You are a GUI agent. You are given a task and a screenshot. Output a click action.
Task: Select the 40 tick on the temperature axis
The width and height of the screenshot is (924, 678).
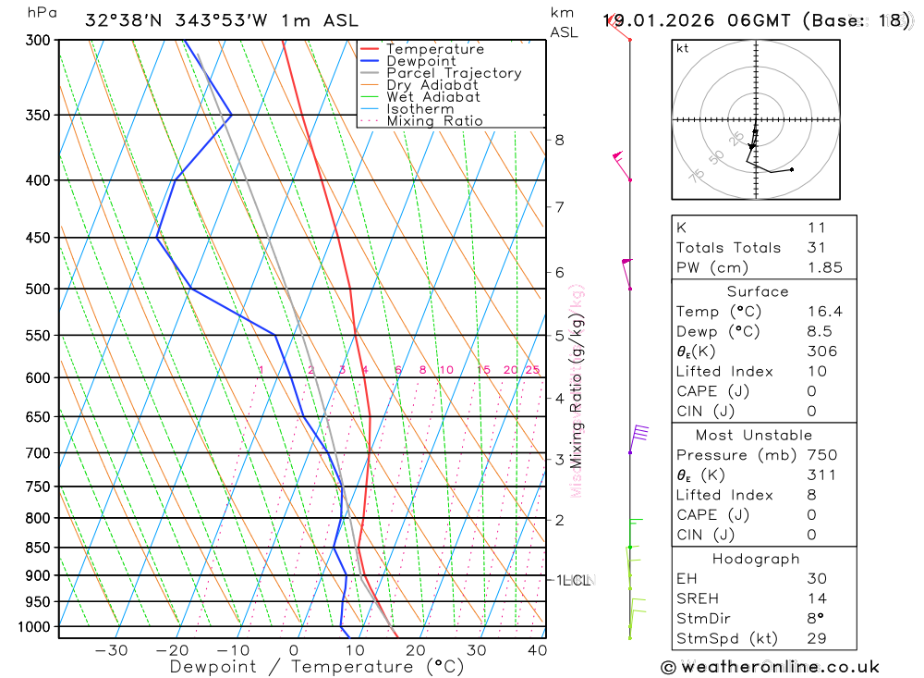click(x=538, y=650)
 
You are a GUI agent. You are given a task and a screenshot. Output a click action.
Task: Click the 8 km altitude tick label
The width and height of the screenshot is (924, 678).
click(x=559, y=140)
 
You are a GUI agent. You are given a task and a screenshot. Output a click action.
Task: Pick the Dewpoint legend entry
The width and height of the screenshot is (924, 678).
click(x=421, y=61)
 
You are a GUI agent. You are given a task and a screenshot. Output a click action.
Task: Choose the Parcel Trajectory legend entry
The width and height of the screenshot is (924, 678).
click(x=454, y=73)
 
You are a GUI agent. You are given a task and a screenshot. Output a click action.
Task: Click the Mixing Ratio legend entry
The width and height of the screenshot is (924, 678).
click(x=434, y=120)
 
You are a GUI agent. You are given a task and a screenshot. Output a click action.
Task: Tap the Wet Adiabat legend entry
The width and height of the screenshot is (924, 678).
click(x=433, y=96)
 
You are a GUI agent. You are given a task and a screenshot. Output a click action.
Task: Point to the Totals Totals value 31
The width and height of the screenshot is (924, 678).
click(x=816, y=247)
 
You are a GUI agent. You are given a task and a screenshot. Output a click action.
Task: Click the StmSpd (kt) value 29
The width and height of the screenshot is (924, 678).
click(x=816, y=638)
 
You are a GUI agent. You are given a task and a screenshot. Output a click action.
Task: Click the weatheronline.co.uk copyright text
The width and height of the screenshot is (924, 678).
click(x=770, y=667)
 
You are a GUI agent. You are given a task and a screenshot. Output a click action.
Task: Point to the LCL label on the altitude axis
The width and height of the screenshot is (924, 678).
click(x=575, y=581)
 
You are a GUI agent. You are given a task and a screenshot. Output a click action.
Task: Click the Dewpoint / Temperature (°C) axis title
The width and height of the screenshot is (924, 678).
click(x=316, y=667)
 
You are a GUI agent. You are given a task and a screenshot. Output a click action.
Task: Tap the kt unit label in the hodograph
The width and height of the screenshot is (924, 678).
click(x=682, y=48)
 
